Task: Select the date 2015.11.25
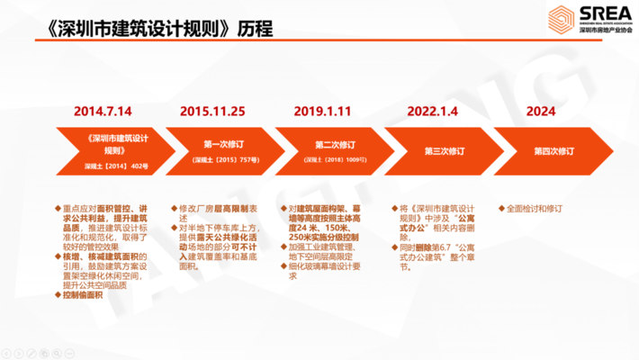pos(212,112)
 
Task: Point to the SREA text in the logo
pos(596,15)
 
